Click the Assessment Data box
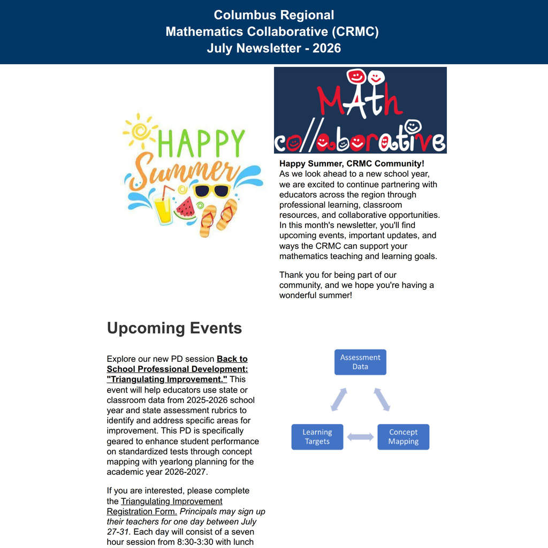coord(360,362)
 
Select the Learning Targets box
coord(317,437)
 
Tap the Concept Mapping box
coord(404,437)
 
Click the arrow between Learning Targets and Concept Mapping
coord(360,437)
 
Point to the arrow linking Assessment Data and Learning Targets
coord(339,399)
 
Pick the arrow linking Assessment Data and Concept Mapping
coord(382,399)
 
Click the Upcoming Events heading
coord(174,328)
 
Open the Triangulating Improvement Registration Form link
coord(165,506)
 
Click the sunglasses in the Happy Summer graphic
coord(212,191)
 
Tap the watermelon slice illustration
coord(186,208)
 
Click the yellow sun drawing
coord(140,131)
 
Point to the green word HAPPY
coord(202,143)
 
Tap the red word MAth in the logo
coord(360,99)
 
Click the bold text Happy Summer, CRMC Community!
coord(352,164)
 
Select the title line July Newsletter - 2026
coord(274,48)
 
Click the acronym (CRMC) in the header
coord(355,32)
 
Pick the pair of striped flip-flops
coord(218,218)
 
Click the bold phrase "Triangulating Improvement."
coord(167,379)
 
